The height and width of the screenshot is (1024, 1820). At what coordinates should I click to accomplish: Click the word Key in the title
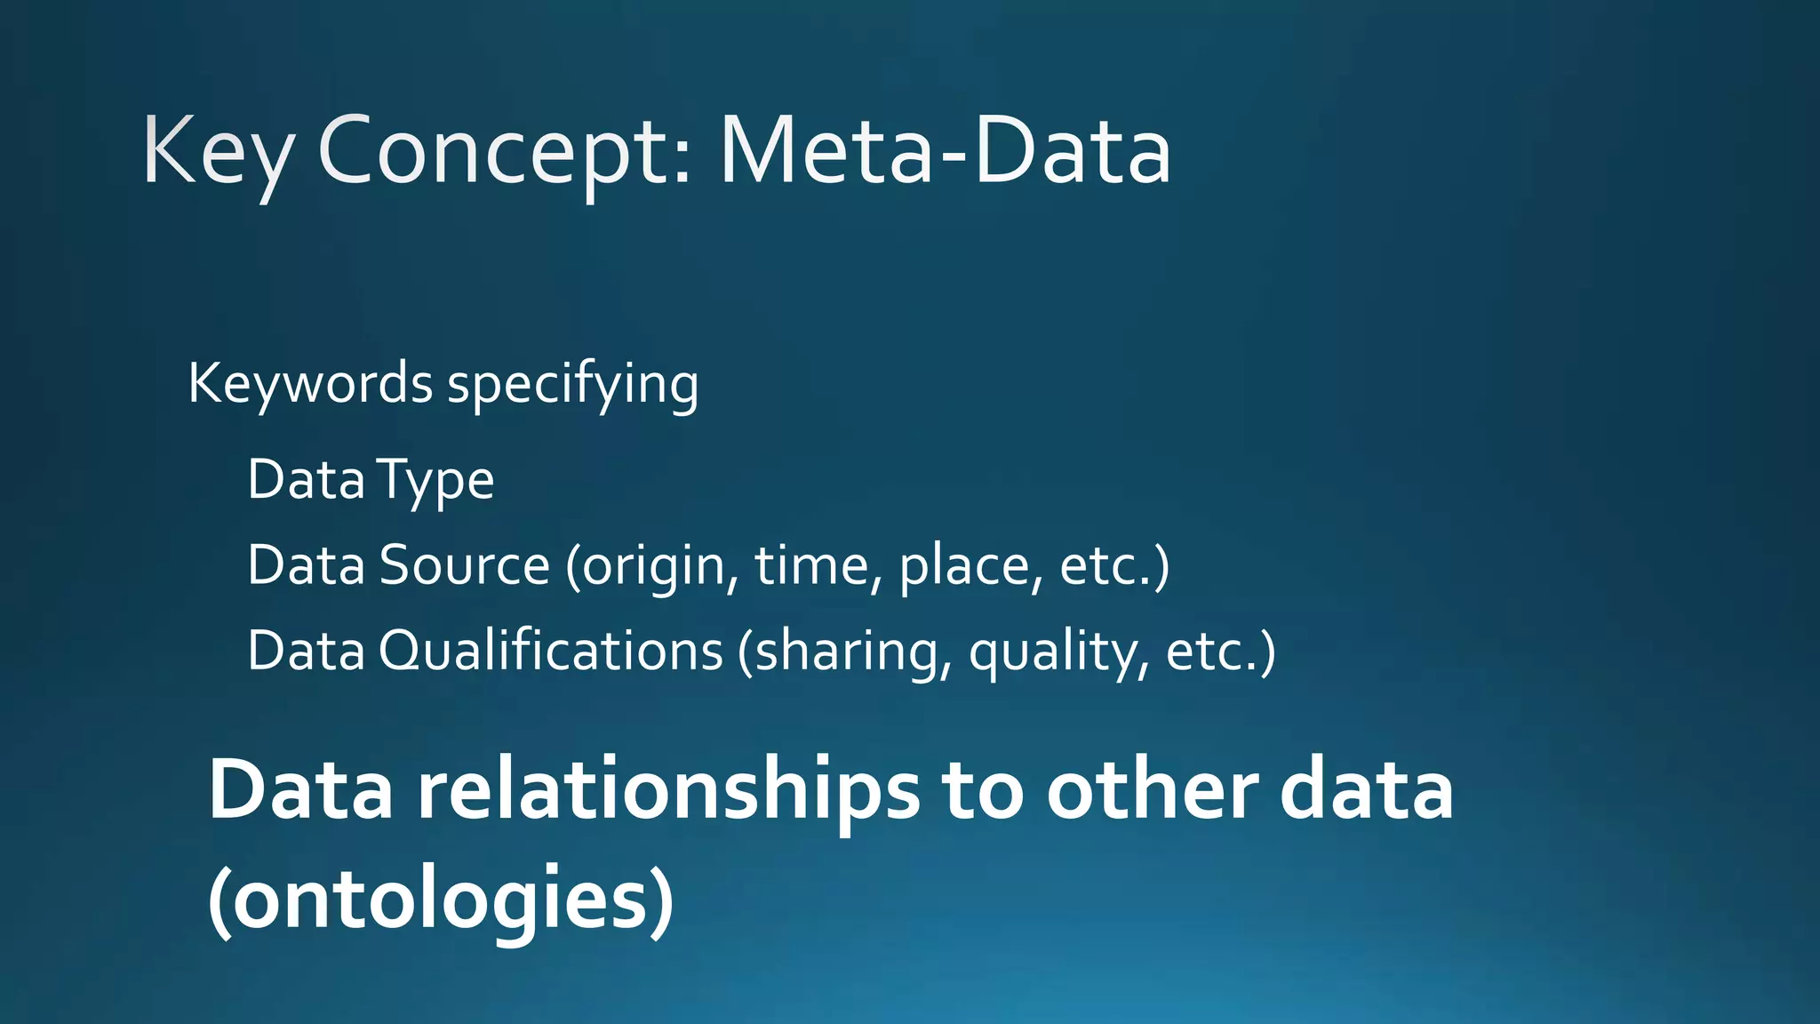pos(216,153)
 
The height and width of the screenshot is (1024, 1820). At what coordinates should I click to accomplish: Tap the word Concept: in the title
pos(504,153)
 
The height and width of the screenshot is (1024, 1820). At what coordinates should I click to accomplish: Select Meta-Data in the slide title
pos(945,153)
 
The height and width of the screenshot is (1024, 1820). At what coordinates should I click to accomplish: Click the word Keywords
pos(310,384)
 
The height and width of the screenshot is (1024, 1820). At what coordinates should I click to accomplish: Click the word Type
pos(435,481)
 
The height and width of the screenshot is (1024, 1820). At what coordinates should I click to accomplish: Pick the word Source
pos(465,565)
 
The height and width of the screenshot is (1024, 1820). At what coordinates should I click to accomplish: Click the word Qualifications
pos(551,651)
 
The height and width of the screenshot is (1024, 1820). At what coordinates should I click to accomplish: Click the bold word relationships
pos(668,791)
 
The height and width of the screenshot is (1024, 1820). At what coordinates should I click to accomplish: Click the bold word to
pos(982,791)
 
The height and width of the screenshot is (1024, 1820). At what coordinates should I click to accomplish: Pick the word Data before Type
pos(306,480)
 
